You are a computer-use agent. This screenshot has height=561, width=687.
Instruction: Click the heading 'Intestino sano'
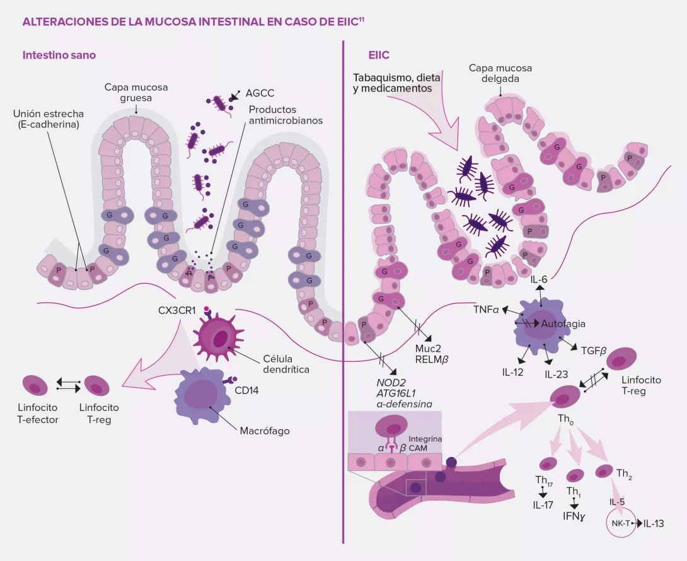pyautogui.click(x=59, y=55)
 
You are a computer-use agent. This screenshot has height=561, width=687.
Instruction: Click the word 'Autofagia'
pyautogui.click(x=563, y=324)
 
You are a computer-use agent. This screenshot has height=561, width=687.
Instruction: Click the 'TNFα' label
pyautogui.click(x=487, y=310)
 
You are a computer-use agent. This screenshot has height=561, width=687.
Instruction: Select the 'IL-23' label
pyautogui.click(x=556, y=374)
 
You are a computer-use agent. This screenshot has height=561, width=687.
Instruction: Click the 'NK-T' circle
pyautogui.click(x=620, y=523)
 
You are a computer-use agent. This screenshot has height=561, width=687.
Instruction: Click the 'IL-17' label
pyautogui.click(x=543, y=504)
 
